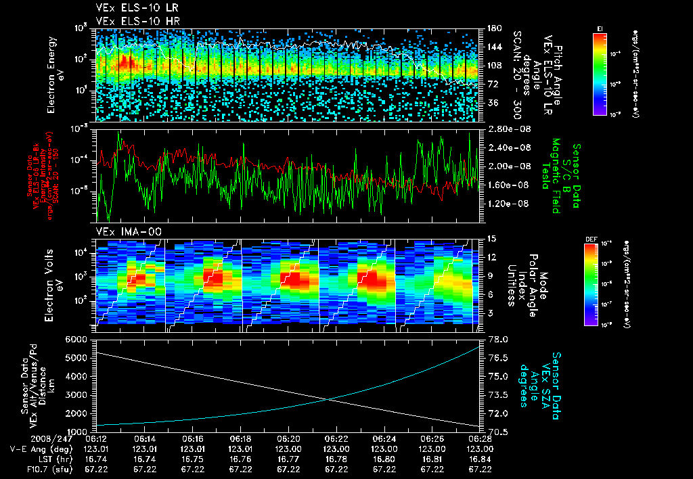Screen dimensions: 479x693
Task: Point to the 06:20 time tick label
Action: pyautogui.click(x=289, y=438)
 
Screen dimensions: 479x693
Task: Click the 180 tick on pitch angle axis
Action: pyautogui.click(x=493, y=28)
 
